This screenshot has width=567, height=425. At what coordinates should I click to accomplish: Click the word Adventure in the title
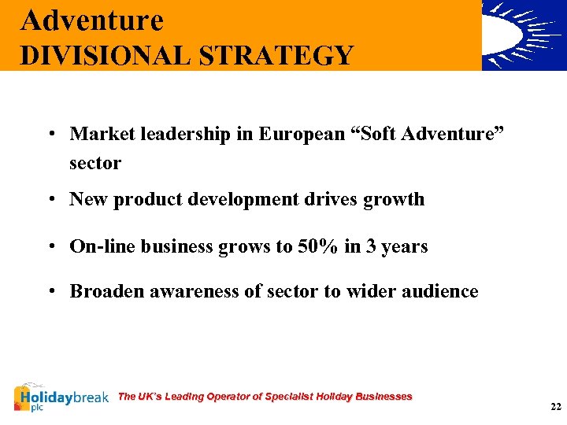click(92, 20)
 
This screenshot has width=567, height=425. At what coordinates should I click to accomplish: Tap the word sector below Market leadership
click(95, 163)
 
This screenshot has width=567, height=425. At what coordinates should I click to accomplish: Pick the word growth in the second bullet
click(394, 199)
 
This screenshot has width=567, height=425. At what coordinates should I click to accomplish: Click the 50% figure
click(317, 246)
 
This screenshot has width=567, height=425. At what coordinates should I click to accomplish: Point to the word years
click(404, 246)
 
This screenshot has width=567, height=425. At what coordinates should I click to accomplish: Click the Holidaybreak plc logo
click(61, 397)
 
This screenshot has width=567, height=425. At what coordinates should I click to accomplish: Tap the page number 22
click(556, 407)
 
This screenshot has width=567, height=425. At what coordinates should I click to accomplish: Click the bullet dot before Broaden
click(49, 291)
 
